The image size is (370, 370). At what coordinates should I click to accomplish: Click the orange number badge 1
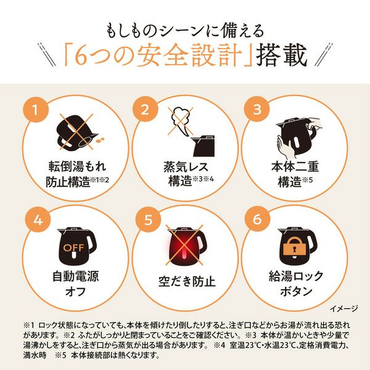click(36, 110)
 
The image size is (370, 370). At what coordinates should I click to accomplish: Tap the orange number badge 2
click(145, 109)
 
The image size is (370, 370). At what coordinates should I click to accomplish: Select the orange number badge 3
click(257, 109)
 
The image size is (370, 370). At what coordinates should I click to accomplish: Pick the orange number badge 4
click(38, 220)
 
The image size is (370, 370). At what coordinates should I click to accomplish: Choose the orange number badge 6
click(257, 219)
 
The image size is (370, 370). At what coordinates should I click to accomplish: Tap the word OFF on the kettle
click(73, 248)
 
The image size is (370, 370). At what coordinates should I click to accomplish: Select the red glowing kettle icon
click(185, 246)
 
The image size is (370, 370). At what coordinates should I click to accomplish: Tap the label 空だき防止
click(187, 282)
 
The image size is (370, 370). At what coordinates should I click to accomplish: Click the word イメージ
click(344, 308)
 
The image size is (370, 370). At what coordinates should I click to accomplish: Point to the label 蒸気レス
click(186, 167)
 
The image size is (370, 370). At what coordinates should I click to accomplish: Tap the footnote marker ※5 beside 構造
click(307, 180)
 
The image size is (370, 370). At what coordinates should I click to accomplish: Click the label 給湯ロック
click(296, 276)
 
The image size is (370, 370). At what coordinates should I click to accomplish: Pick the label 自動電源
click(75, 276)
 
